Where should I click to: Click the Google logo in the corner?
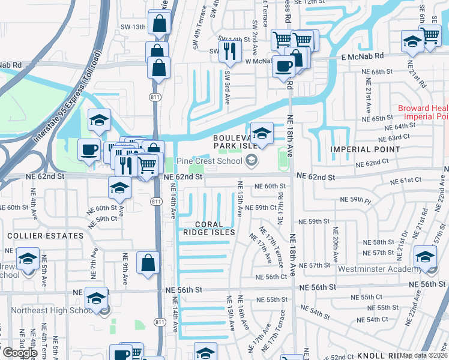[20, 352]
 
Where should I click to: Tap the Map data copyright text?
[423, 355]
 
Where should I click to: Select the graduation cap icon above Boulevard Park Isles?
[262, 133]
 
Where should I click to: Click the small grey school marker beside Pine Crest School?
[250, 160]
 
